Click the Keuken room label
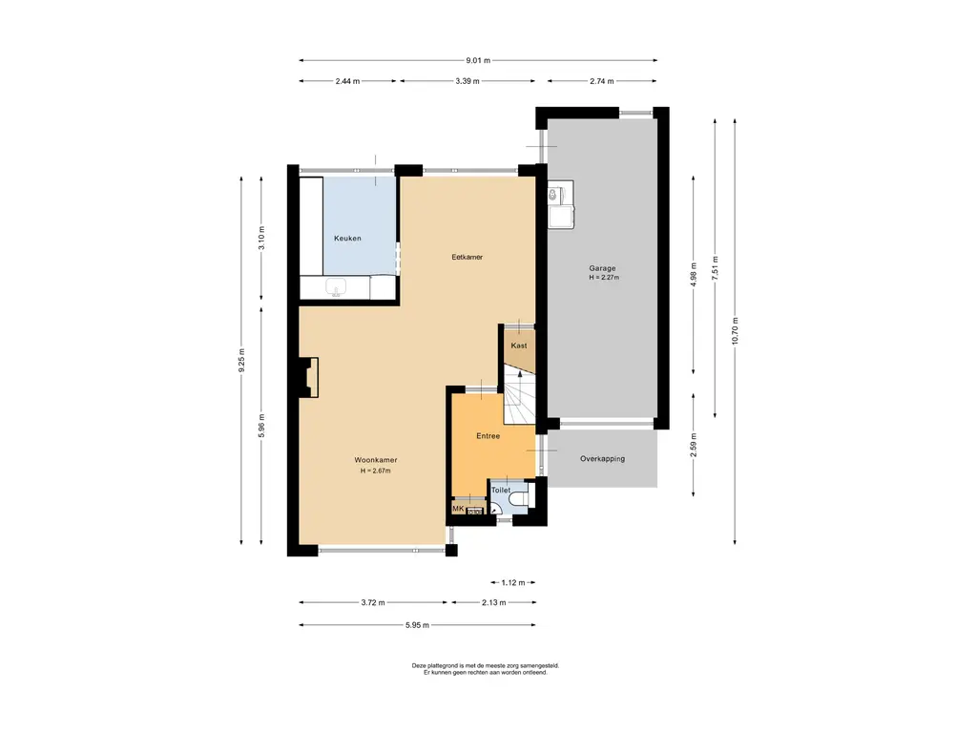click(x=347, y=238)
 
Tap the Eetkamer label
click(x=468, y=257)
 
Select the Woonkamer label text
click(x=376, y=460)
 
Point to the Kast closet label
click(x=518, y=346)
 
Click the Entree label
click(x=488, y=435)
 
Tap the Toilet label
click(x=500, y=490)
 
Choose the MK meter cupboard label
click(x=458, y=509)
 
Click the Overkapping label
click(x=602, y=459)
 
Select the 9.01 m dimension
click(x=478, y=60)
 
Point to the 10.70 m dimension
click(x=735, y=331)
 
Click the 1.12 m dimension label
click(x=513, y=583)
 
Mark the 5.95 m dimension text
click(x=417, y=625)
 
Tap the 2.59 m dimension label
click(x=694, y=446)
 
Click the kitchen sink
click(x=337, y=288)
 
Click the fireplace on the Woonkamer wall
click(x=309, y=377)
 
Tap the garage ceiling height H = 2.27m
click(x=604, y=278)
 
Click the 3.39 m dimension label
click(x=468, y=81)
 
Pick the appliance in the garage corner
click(x=560, y=204)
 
